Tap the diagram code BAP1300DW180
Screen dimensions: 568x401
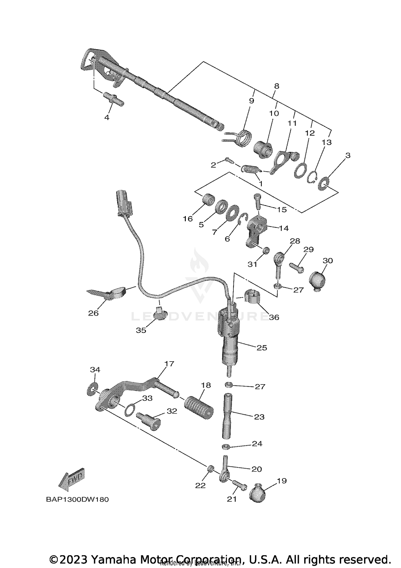(x=77, y=499)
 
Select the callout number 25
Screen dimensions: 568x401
(x=261, y=348)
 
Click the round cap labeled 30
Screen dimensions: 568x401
(x=317, y=281)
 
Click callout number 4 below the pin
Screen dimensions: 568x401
(x=107, y=117)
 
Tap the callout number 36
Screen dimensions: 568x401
(x=274, y=317)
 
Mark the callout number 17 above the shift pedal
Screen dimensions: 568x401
(x=169, y=364)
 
